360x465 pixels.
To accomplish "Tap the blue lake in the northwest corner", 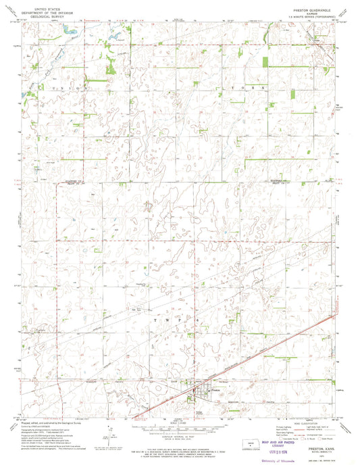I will [68, 30].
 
